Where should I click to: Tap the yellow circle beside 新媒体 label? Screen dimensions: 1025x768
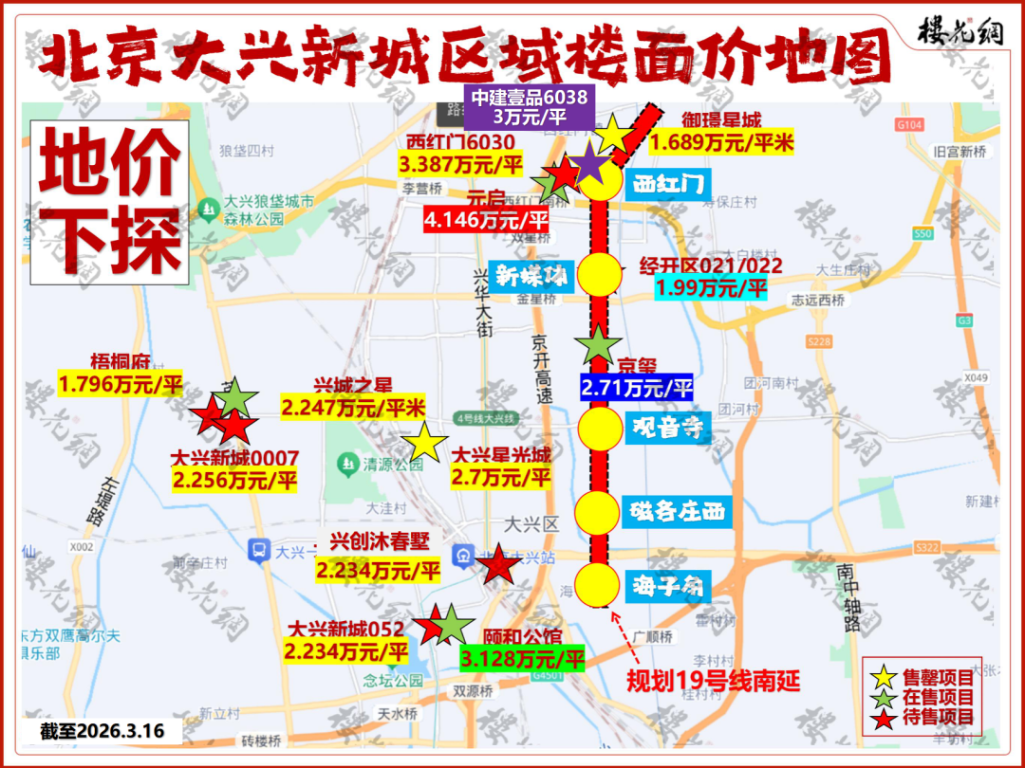[600, 275]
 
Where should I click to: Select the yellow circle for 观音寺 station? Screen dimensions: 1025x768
[600, 428]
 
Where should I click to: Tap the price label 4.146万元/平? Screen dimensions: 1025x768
[489, 221]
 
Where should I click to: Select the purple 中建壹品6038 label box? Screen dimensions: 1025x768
[530, 106]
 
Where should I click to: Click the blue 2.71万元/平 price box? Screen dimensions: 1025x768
[636, 388]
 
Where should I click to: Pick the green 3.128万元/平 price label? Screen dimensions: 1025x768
[522, 658]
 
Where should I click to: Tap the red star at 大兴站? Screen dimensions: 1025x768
[497, 566]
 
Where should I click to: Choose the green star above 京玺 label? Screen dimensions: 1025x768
[599, 345]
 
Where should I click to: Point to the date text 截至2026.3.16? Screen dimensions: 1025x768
[102, 731]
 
